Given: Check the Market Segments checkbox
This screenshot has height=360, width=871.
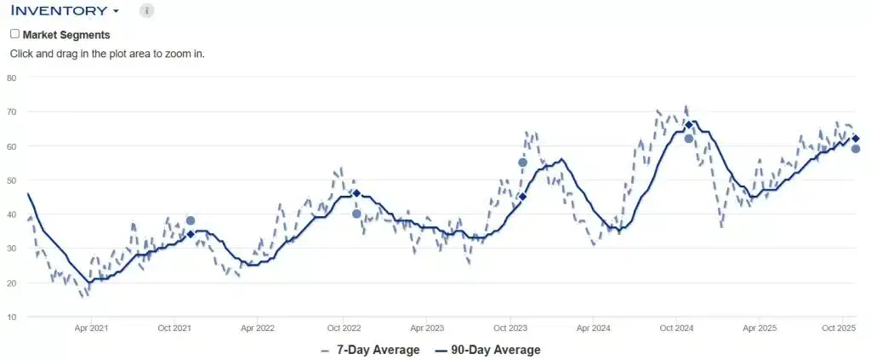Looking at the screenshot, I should [x=14, y=34].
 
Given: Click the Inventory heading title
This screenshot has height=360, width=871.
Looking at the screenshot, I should [x=59, y=11].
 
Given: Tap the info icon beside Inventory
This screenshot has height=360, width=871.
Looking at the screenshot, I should [x=146, y=11].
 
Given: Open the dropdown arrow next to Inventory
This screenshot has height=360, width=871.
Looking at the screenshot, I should [x=116, y=12].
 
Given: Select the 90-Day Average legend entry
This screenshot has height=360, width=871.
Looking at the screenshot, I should [x=487, y=350].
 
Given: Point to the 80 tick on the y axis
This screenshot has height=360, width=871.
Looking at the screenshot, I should [x=12, y=77].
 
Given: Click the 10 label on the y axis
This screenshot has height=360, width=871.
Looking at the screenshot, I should [x=12, y=317].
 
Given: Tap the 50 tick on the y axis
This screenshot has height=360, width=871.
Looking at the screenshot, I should [x=12, y=180].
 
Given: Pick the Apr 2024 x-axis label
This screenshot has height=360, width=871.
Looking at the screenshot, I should [x=593, y=328].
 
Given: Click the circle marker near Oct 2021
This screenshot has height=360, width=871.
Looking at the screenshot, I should [x=191, y=221].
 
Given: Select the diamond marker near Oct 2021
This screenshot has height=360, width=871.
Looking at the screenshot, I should [x=191, y=233].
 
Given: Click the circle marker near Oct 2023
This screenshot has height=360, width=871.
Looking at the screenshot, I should [x=522, y=163].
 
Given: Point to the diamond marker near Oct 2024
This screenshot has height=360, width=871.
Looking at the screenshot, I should [x=689, y=125].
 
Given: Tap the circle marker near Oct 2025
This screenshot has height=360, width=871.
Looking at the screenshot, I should [x=856, y=149].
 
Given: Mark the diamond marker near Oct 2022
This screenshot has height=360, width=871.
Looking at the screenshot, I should [x=356, y=193].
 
